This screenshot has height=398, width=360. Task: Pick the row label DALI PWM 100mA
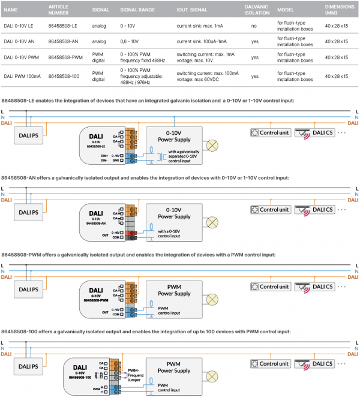click(23, 76)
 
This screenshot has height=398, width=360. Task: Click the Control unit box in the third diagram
click(271, 288)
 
